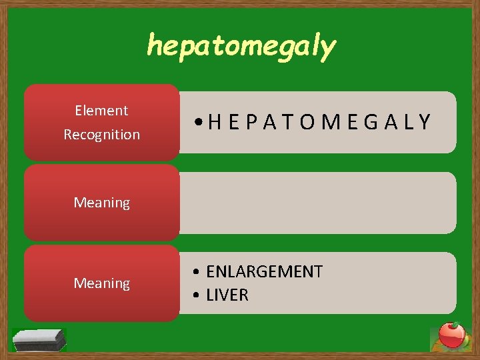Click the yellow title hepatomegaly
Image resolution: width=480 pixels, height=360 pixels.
pos(241,47)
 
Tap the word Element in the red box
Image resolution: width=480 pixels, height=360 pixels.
pos(101,111)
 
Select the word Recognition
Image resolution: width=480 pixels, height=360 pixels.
pos(101,135)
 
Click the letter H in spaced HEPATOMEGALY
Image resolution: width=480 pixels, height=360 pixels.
pos(215,122)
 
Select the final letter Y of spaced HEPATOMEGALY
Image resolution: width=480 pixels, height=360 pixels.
pos(425,122)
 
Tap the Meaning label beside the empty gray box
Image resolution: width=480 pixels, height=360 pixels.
pos(101,202)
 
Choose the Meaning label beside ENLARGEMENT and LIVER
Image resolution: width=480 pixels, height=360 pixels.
pos(101,283)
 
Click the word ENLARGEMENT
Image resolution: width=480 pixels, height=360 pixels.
pos(264,271)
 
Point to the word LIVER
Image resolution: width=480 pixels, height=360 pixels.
pos(227,295)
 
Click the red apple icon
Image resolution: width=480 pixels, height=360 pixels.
pos(452,335)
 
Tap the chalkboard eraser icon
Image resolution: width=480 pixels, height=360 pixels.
pos(39,339)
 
